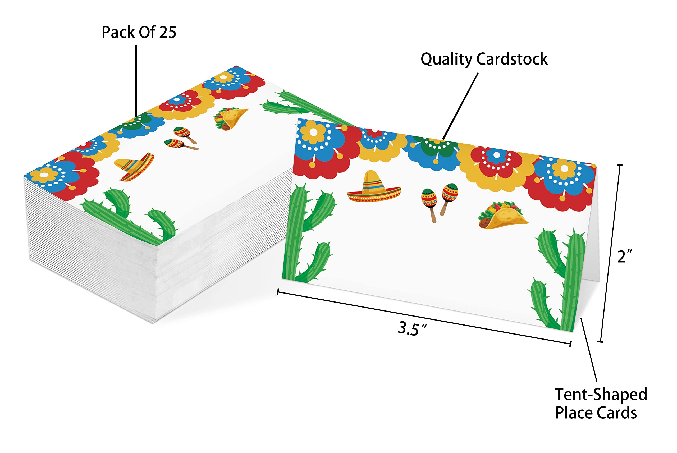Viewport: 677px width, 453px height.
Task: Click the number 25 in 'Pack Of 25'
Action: [168, 32]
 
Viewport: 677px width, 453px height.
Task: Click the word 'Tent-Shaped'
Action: [601, 395]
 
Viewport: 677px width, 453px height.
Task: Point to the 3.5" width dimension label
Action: [412, 329]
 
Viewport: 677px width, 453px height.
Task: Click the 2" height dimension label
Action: [625, 256]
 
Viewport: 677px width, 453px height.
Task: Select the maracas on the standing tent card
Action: [439, 203]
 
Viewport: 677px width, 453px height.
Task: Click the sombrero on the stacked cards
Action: [135, 167]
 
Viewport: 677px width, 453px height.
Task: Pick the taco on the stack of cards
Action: [230, 119]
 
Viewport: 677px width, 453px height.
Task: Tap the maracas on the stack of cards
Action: [181, 139]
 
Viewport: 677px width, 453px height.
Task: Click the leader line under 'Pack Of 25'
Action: [136, 81]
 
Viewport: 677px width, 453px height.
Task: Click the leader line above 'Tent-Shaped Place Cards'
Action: [589, 350]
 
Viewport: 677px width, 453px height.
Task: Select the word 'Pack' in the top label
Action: [118, 32]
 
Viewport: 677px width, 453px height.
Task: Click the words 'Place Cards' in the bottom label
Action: [596, 413]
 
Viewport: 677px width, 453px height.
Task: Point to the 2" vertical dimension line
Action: [610, 253]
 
